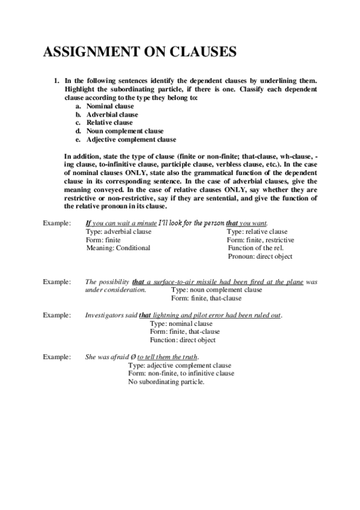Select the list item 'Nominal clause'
[110, 106]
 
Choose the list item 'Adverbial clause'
[112, 114]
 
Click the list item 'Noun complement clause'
[124, 131]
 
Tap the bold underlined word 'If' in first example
[88, 223]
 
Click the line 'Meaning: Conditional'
[118, 248]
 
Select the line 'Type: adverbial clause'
[118, 232]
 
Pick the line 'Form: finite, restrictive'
[260, 240]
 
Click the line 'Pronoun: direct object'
[260, 256]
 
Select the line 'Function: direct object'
[183, 340]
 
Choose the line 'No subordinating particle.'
[166, 382]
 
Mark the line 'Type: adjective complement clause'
[180, 366]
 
